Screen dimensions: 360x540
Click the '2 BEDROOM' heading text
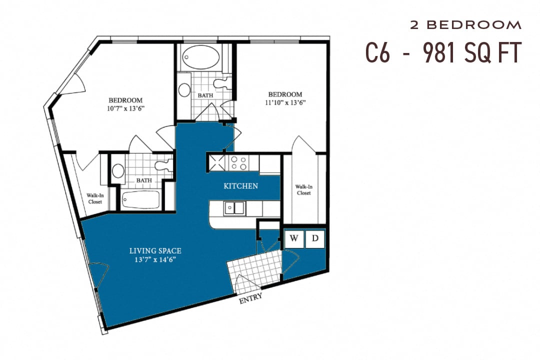(x=465, y=24)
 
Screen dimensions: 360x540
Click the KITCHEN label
(x=240, y=186)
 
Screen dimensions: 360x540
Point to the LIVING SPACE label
(x=155, y=250)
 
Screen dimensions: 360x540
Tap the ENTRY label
(x=250, y=298)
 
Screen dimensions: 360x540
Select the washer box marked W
(x=294, y=238)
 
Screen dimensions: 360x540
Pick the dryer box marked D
(x=315, y=238)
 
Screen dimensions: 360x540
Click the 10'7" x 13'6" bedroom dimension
(x=125, y=108)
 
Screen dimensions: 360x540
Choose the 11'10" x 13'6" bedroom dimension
(x=285, y=103)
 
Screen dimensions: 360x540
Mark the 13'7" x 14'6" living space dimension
(x=155, y=259)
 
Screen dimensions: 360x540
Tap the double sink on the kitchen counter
(x=233, y=207)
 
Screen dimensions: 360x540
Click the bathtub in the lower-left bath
(x=141, y=201)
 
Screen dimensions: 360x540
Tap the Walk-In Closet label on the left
(x=94, y=198)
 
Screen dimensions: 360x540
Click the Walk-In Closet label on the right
(x=303, y=189)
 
